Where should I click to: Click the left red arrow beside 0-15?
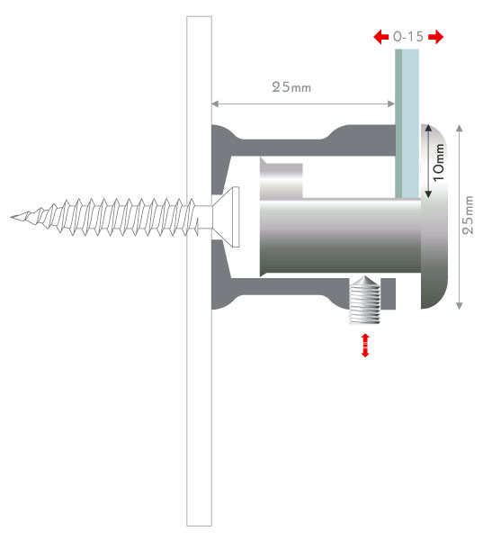pos(381,37)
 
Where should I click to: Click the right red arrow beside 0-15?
pos(436,37)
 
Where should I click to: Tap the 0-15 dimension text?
pos(408,37)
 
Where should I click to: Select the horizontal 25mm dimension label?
pos(291,86)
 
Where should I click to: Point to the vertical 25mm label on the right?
pos(468,215)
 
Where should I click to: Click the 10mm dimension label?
pos(438,162)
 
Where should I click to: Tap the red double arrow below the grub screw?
pos(365,345)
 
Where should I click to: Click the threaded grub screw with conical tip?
pos(364,300)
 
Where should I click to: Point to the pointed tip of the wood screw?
pos(11,217)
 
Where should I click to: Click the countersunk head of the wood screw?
pos(226,217)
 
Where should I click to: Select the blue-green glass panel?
pos(407,123)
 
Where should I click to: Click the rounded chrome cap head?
pos(434,216)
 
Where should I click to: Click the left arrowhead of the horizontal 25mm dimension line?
pos(215,103)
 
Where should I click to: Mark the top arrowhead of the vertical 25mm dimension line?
pos(459,128)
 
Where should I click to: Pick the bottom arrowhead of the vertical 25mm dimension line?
pos(459,305)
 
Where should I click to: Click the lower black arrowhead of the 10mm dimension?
pos(428,194)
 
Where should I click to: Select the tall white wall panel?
pos(199,271)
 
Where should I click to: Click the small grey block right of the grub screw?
pos(388,293)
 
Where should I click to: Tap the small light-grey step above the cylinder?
pos(282,179)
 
